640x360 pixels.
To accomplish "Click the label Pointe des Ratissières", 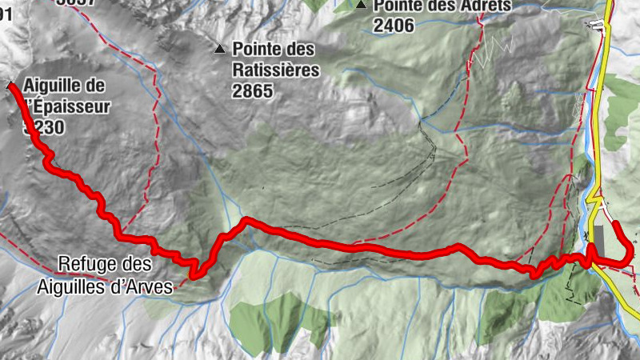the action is (x=275, y=60).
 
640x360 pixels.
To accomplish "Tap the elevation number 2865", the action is (x=253, y=91).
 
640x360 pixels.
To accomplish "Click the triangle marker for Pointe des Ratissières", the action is (x=220, y=48).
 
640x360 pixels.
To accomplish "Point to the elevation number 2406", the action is (x=394, y=26).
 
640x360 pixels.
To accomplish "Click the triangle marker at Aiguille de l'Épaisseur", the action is (x=10, y=84).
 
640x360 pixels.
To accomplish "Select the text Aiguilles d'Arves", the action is (x=105, y=286).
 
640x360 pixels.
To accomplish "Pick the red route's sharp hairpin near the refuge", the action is (x=192, y=277).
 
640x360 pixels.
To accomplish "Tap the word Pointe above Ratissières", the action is (x=258, y=50).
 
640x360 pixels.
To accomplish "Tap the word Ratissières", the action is (x=276, y=70).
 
